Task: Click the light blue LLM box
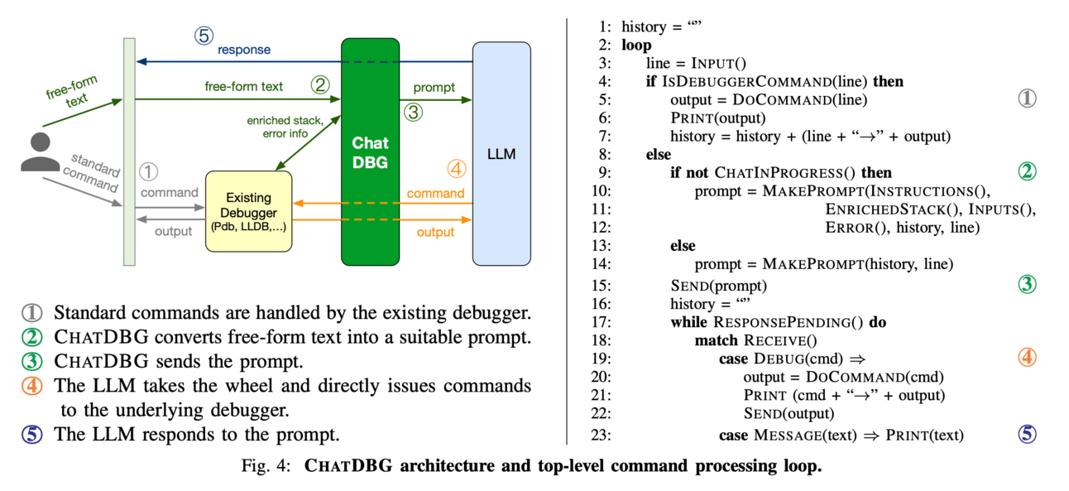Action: pyautogui.click(x=501, y=153)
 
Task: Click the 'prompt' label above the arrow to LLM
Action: pyautogui.click(x=434, y=86)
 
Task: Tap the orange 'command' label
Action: pyautogui.click(x=435, y=194)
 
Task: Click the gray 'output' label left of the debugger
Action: pyautogui.click(x=173, y=232)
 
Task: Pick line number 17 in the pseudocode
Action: pyautogui.click(x=601, y=322)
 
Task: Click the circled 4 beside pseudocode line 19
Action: pyautogui.click(x=1026, y=359)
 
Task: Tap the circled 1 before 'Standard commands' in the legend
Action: pyautogui.click(x=31, y=314)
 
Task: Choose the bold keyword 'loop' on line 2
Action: pyautogui.click(x=636, y=46)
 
